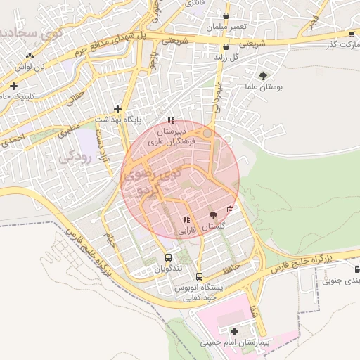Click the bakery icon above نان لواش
[29, 56]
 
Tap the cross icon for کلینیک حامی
[13, 86]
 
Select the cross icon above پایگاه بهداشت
[117, 109]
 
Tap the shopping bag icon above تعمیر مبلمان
[226, 15]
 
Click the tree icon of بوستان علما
[263, 76]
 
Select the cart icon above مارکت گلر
[351, 34]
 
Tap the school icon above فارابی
[186, 219]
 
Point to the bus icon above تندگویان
[168, 257]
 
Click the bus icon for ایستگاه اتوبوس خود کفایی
[200, 276]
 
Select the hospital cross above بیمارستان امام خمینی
[234, 330]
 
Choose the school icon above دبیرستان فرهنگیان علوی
[171, 120]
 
